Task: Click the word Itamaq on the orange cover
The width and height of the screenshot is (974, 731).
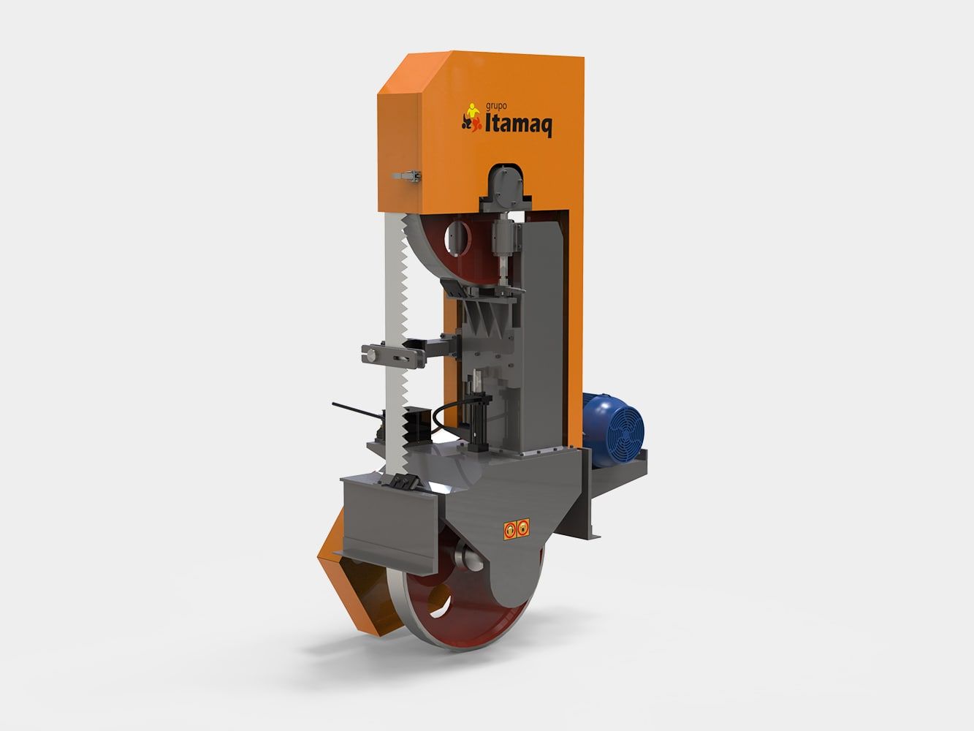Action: tap(519, 124)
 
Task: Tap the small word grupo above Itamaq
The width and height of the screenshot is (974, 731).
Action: tap(496, 107)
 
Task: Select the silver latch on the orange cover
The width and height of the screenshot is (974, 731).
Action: tap(406, 177)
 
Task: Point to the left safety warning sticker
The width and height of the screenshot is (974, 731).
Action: tap(509, 529)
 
